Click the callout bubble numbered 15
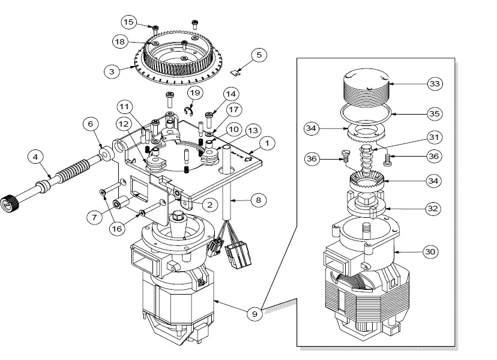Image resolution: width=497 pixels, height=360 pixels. (x=128, y=22)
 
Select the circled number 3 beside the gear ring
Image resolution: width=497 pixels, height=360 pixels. (x=112, y=71)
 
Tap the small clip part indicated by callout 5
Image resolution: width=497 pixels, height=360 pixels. (x=235, y=73)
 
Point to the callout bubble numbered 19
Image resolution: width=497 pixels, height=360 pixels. (x=195, y=93)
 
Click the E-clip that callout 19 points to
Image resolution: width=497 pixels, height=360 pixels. (x=188, y=111)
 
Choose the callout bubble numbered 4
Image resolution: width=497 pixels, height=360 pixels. (x=35, y=157)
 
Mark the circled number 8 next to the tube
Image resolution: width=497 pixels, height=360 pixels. (x=258, y=200)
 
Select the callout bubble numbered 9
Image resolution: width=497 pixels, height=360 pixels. (x=255, y=314)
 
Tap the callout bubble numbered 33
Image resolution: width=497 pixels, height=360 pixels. (x=435, y=84)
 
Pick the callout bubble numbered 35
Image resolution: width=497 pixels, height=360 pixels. (x=435, y=114)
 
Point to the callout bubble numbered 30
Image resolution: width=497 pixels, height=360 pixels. (x=430, y=252)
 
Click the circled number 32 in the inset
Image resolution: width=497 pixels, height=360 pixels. (x=433, y=209)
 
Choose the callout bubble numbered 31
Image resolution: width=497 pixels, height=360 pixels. (x=434, y=137)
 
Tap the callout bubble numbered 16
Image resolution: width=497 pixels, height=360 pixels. (x=117, y=229)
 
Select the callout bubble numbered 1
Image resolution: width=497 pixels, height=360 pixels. (x=267, y=143)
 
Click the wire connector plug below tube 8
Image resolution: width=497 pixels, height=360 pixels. (x=238, y=254)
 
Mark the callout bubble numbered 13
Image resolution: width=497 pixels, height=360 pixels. (x=253, y=131)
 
